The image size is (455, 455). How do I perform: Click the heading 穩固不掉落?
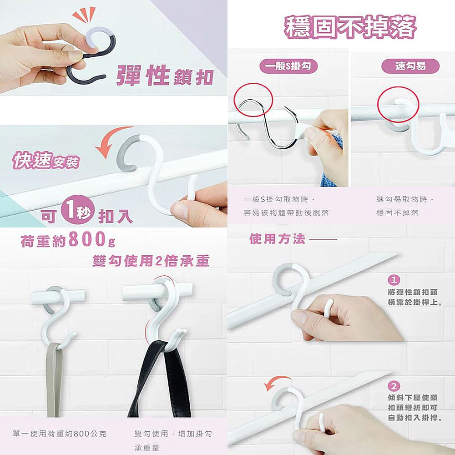coord(350,28)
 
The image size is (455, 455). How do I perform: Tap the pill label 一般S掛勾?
coord(288,66)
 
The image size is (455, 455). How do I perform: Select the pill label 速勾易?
coord(410,66)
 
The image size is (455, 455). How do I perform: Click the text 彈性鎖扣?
coord(165,76)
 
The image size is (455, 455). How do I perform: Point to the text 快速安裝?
coord(46,160)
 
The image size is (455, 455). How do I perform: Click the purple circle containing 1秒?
coord(78,209)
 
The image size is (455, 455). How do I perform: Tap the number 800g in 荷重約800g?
coord(92,239)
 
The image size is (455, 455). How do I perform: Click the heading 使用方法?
coord(278,239)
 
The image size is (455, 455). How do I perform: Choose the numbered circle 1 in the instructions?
coord(394,280)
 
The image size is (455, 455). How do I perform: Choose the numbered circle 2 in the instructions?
coord(394,386)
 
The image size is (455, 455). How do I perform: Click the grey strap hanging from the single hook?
coord(55,380)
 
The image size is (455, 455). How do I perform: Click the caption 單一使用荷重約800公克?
coord(60,434)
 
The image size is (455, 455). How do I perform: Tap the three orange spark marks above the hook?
coord(84,15)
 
